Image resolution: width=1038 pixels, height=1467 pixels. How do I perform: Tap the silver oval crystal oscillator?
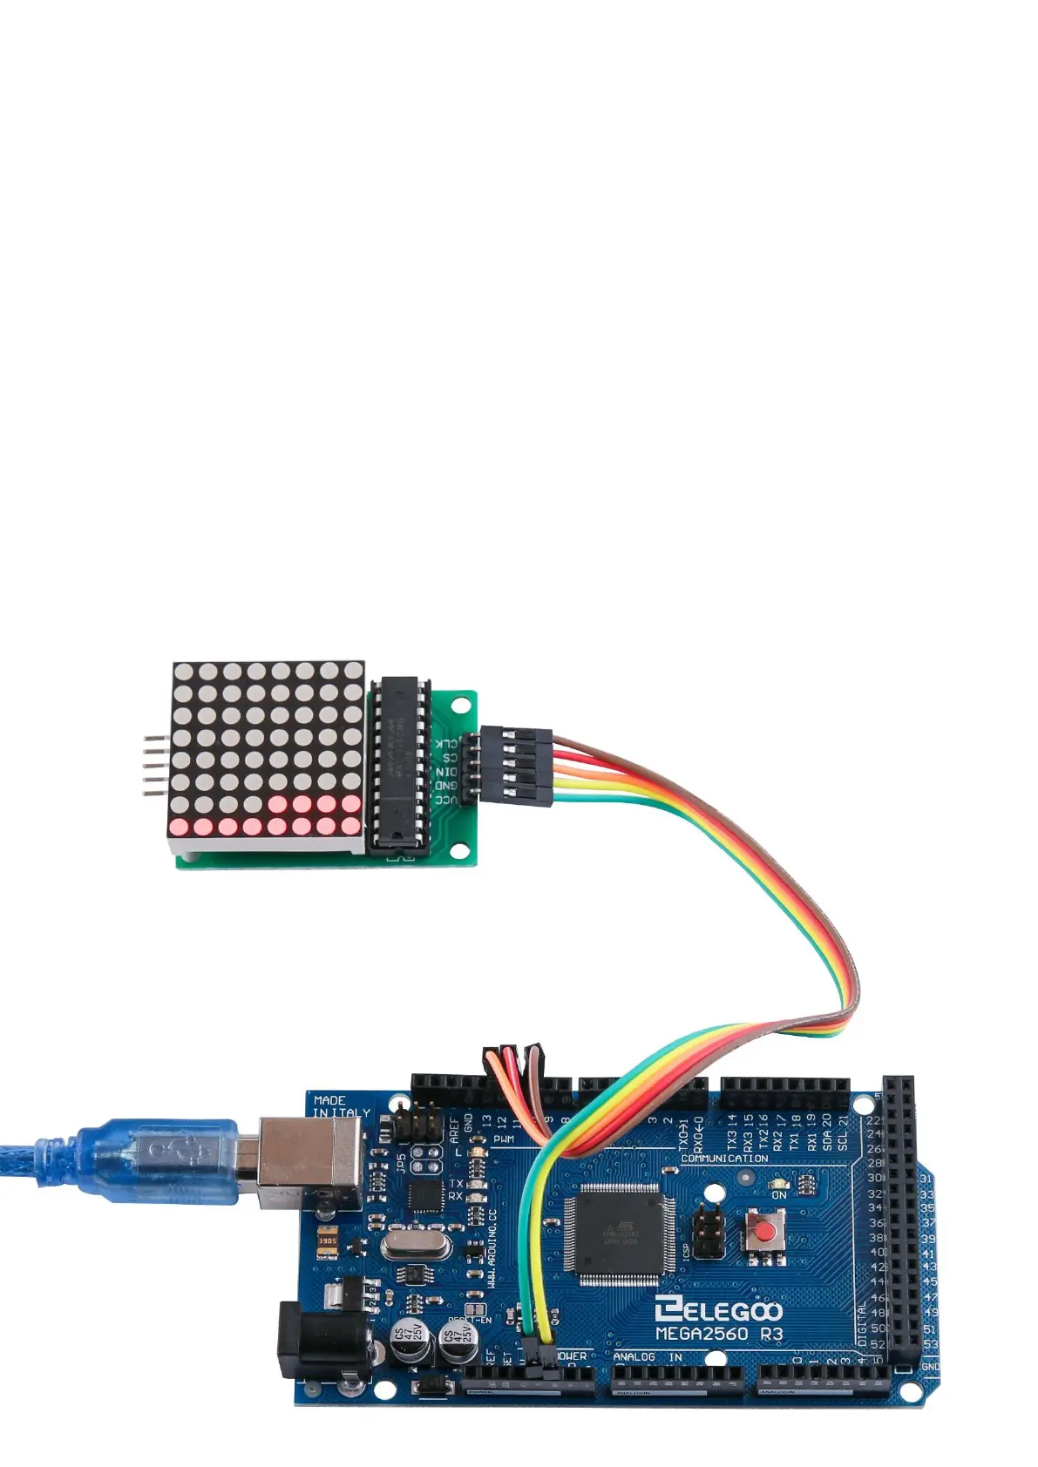click(x=416, y=1244)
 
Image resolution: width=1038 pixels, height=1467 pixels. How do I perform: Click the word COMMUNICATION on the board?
click(x=724, y=1159)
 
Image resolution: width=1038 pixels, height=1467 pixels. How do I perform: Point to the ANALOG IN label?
click(x=648, y=1356)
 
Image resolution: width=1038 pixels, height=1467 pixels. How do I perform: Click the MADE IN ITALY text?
click(x=341, y=1106)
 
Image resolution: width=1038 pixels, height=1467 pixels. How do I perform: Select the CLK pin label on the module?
click(x=444, y=742)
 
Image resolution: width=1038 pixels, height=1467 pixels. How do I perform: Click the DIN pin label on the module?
click(x=444, y=771)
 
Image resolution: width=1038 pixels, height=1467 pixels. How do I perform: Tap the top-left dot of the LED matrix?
click(x=183, y=672)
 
